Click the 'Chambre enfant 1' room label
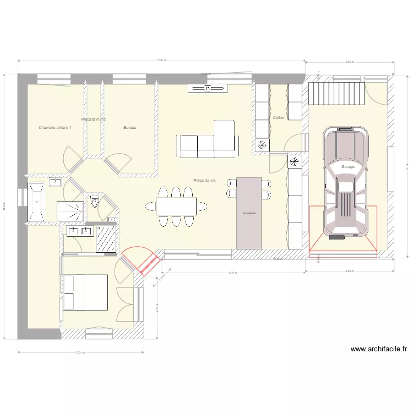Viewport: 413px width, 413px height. click(55, 127)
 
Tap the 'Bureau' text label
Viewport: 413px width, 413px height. click(130, 127)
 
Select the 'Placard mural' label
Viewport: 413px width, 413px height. click(94, 119)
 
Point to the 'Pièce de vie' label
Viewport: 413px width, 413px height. click(204, 181)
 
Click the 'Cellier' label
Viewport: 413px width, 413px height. click(279, 118)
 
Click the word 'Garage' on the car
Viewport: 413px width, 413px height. click(347, 166)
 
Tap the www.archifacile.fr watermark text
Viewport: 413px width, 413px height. click(378, 349)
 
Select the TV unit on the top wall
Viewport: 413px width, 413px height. click(207, 88)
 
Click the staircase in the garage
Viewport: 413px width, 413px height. click(336, 93)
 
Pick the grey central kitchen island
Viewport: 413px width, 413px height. click(249, 213)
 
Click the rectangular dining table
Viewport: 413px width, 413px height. click(176, 206)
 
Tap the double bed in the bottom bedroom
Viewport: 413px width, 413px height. click(85, 292)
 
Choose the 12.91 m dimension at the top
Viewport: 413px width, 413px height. click(162, 60)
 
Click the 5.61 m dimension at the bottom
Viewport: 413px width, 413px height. click(81, 352)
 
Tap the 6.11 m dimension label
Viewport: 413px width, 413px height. click(233, 273)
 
